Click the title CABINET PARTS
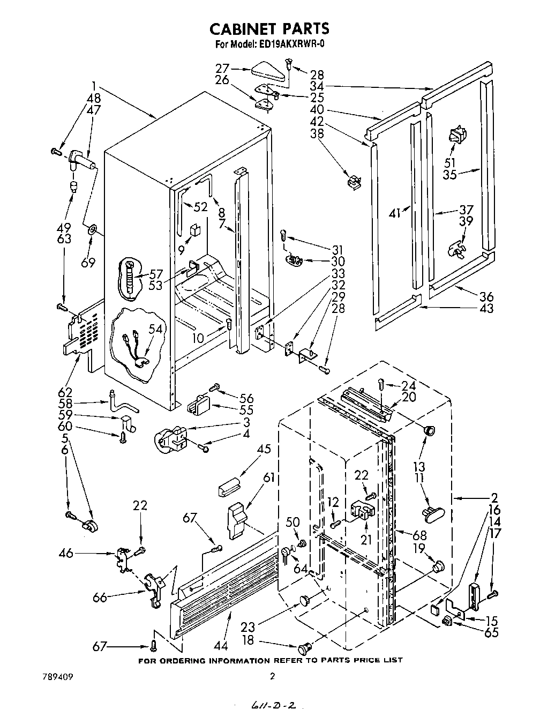(269, 28)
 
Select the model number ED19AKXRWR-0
(291, 44)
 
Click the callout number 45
(264, 449)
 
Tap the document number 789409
(57, 676)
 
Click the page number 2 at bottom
(272, 676)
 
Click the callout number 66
(99, 596)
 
